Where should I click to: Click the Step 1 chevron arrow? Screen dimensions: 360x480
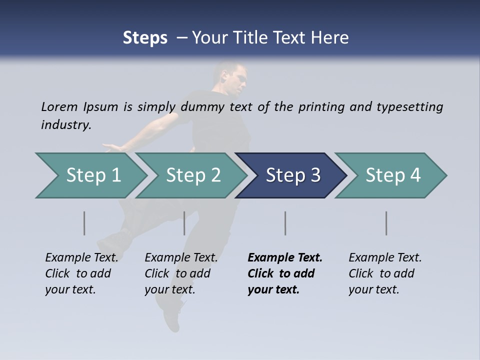point(93,175)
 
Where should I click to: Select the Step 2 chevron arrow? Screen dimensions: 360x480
point(193,175)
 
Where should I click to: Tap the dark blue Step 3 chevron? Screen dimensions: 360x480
point(292,175)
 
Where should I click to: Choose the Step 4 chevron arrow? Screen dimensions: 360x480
point(392,175)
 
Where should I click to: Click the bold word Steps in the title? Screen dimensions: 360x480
point(145,38)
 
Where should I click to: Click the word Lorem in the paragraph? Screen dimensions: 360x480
point(59,106)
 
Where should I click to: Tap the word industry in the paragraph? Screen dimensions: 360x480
point(65,124)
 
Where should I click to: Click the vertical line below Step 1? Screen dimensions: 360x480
point(84,223)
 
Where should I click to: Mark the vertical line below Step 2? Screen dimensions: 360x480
point(184,223)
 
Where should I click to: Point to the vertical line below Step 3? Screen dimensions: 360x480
point(285,223)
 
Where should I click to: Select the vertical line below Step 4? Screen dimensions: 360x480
point(386,223)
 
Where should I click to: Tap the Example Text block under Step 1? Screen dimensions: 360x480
point(81,273)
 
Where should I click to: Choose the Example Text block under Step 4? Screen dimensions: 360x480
point(385,273)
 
